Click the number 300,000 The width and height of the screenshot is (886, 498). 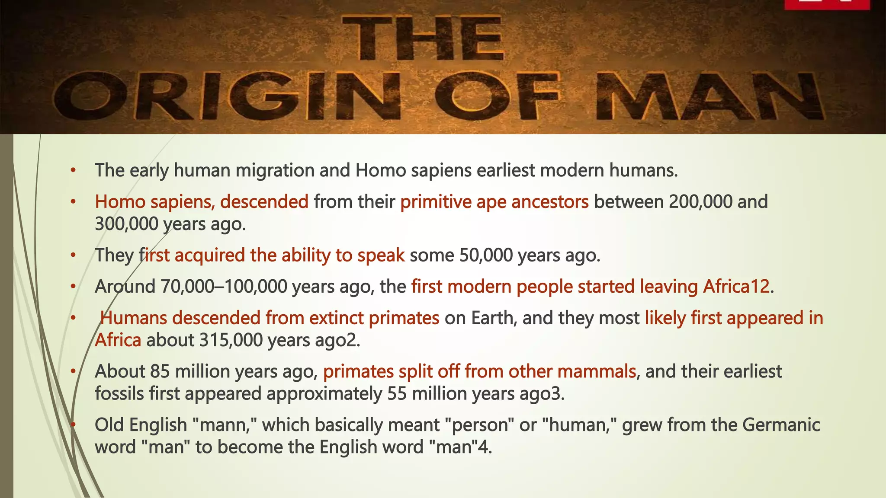pyautogui.click(x=126, y=224)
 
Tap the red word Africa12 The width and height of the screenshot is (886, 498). pyautogui.click(x=736, y=287)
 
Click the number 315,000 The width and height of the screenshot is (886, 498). pyautogui.click(x=231, y=341)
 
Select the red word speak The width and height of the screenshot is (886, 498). pyautogui.click(x=381, y=255)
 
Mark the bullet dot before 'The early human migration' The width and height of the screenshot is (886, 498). pyautogui.click(x=74, y=170)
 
